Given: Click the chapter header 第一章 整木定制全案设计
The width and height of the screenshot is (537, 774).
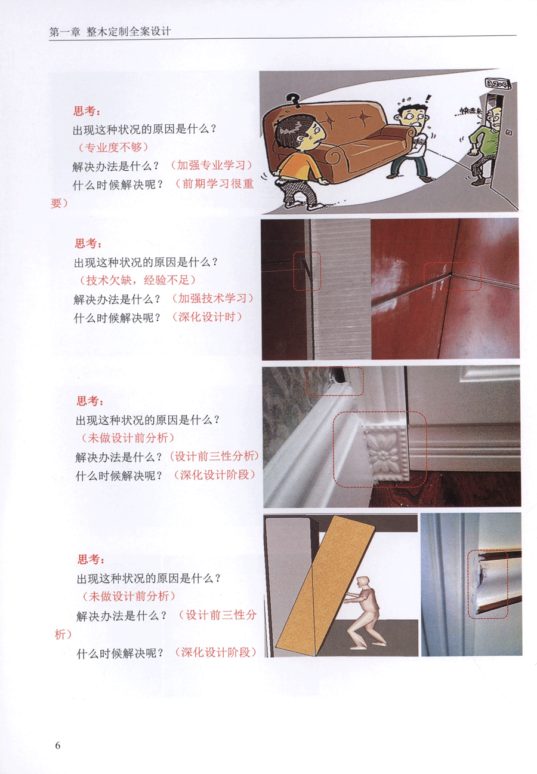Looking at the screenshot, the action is coord(110,32).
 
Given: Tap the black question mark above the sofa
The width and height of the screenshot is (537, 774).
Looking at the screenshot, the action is coord(294,100).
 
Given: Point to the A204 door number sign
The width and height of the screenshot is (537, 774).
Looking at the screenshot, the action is coord(497,83).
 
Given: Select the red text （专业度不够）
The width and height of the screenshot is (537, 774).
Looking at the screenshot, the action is coord(113,148).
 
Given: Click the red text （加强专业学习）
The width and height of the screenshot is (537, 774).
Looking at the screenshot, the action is coord(211,165).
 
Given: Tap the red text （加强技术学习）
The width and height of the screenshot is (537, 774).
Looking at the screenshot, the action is coord(212,298).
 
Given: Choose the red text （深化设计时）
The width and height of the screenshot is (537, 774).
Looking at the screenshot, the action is coord(206,317).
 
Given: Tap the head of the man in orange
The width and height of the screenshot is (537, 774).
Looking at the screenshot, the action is coord(301,133).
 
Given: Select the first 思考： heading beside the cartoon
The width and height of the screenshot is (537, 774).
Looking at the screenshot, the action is coord(87,111).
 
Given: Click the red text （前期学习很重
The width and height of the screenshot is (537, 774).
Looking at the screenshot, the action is coord(214,183).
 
